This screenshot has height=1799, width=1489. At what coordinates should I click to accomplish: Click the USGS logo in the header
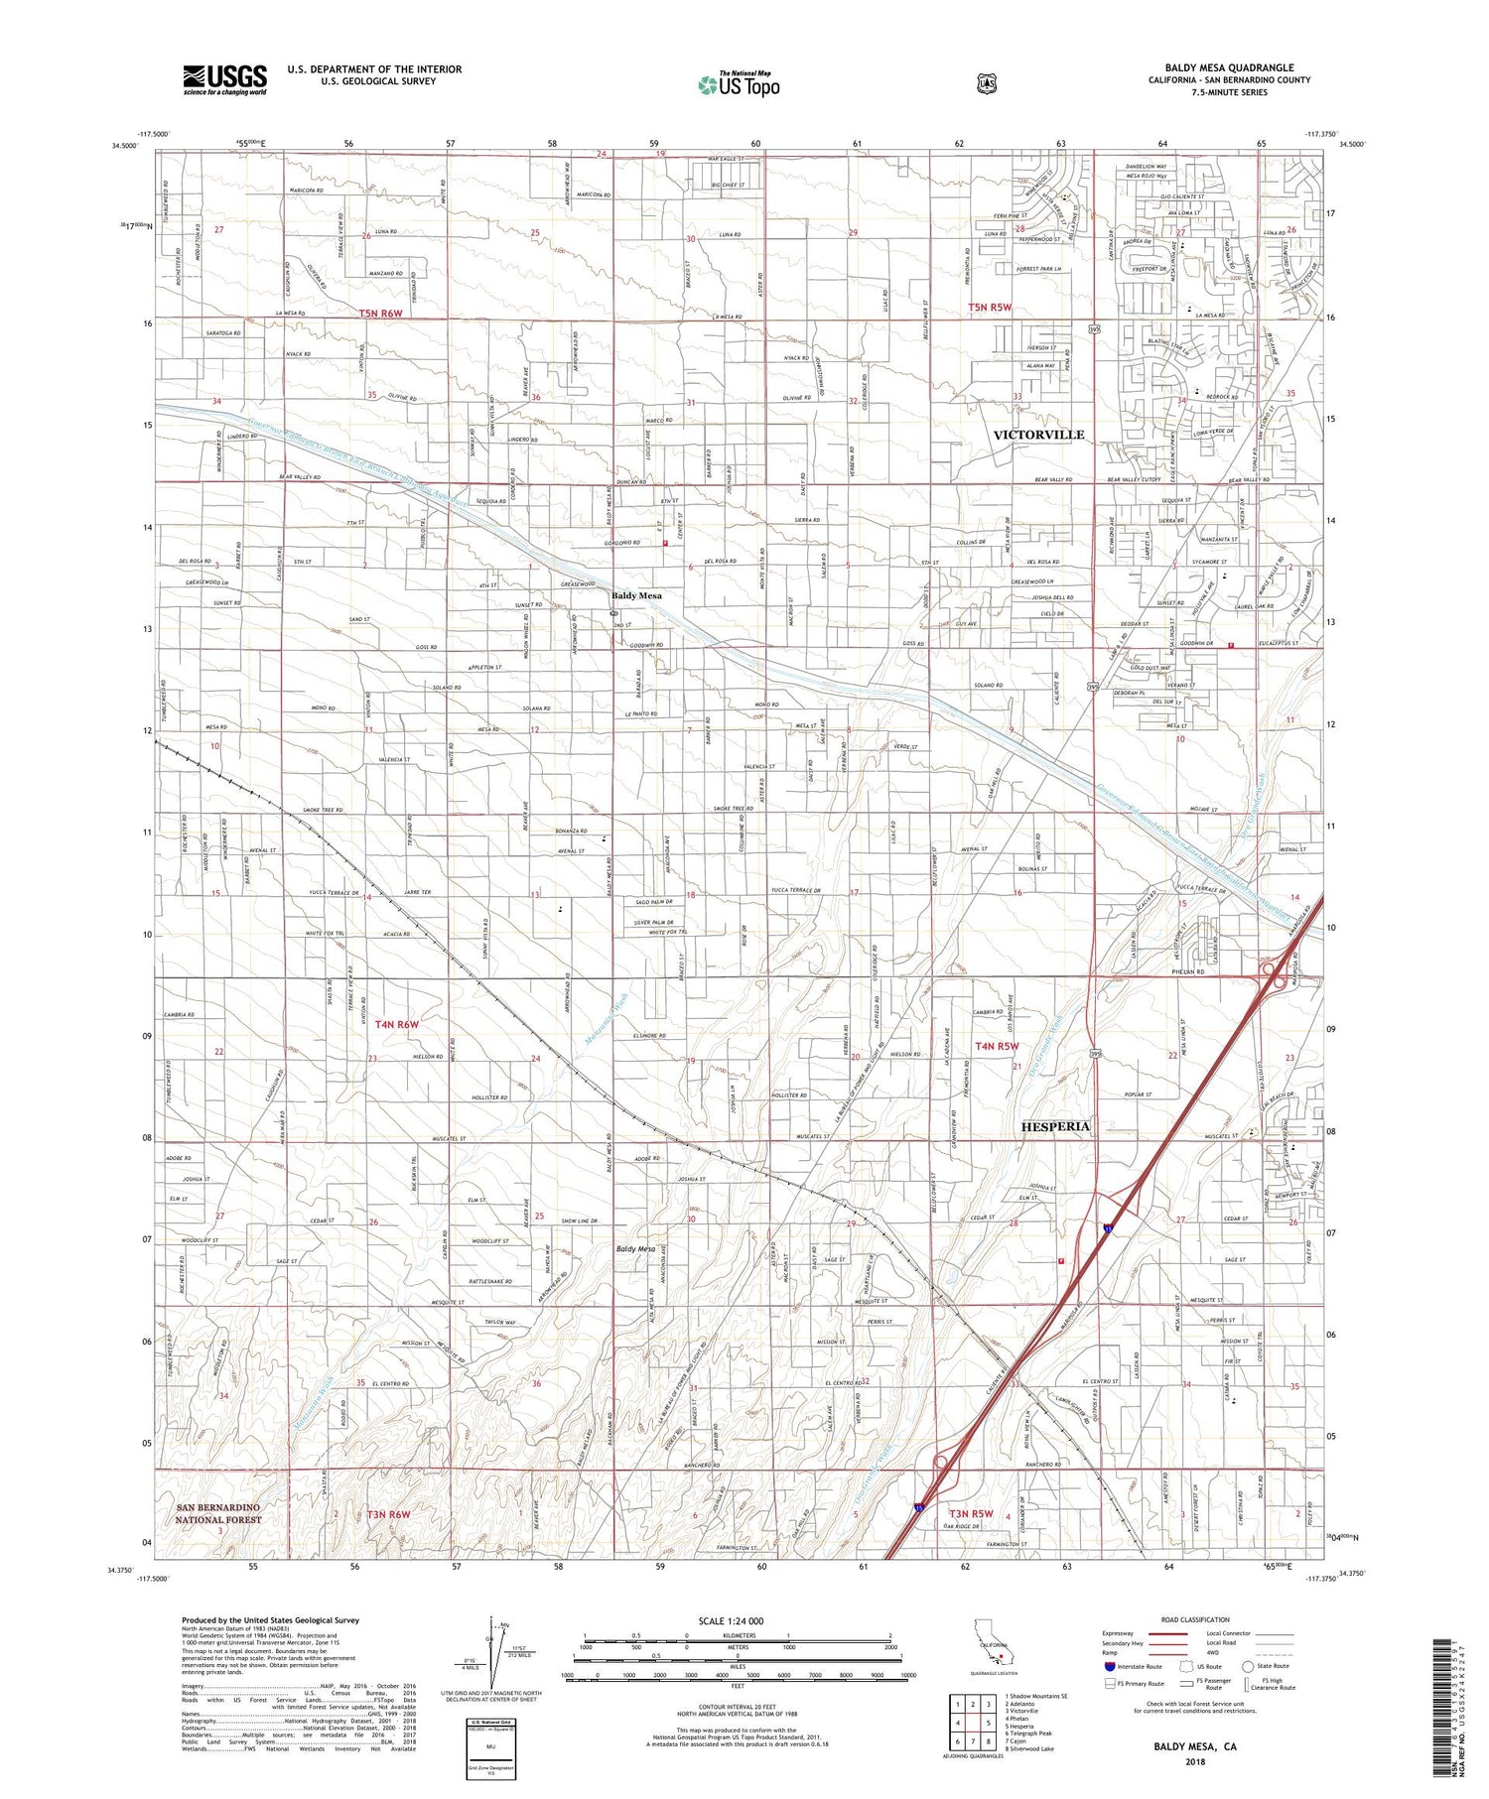(x=224, y=80)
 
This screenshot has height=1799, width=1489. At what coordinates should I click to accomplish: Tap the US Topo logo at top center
(x=739, y=84)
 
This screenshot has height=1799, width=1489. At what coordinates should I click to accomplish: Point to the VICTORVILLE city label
(x=1038, y=435)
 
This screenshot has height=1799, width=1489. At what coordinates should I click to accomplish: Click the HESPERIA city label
(x=1055, y=1126)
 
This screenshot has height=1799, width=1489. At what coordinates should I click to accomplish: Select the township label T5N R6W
(x=382, y=313)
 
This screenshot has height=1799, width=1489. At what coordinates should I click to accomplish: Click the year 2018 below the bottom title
(x=1194, y=1761)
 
